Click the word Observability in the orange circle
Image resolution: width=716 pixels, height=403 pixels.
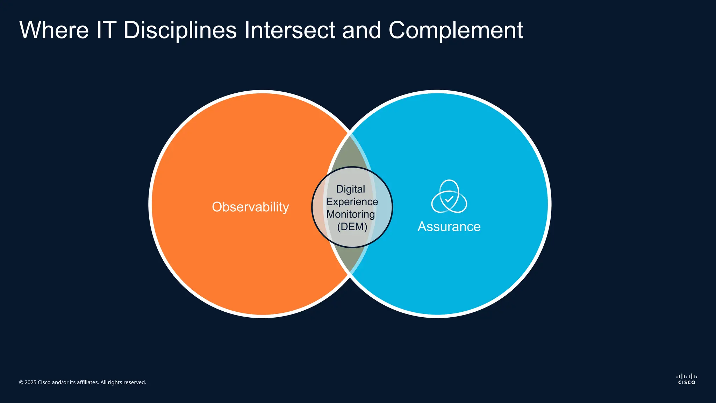point(250,207)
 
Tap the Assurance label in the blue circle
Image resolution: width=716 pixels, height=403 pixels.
point(449,227)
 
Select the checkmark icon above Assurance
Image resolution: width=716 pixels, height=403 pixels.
point(449,199)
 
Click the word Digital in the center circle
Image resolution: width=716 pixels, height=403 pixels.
point(350,189)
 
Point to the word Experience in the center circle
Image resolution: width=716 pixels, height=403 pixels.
point(352,202)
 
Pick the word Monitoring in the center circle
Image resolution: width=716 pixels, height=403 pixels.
point(351,214)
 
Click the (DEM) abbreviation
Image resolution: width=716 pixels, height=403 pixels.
point(352,227)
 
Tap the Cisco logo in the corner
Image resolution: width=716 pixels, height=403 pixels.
point(687,379)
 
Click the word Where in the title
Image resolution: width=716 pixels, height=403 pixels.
point(54,30)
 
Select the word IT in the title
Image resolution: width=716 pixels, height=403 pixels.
point(106,30)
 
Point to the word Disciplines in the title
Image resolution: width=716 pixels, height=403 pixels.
point(180,30)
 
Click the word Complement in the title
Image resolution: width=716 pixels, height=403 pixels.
point(456,31)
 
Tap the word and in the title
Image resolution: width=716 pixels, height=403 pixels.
point(361,30)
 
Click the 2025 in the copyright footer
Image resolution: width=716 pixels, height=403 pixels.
point(30,382)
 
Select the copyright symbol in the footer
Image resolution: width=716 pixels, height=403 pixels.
point(21,383)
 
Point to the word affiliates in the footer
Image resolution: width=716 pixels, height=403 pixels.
point(87,382)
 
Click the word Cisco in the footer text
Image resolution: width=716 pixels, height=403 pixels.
point(44,382)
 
